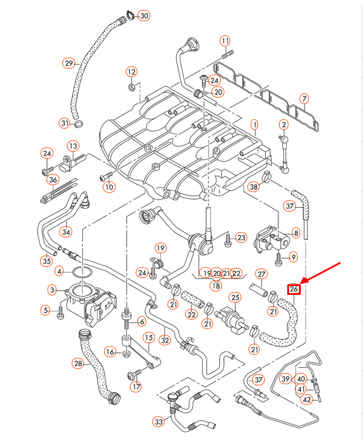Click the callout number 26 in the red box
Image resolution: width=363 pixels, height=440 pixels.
[x=294, y=288]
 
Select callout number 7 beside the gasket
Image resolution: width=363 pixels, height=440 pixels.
[x=304, y=98]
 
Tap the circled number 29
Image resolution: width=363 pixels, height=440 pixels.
[x=69, y=63]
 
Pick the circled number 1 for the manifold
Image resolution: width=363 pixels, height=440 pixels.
[x=254, y=125]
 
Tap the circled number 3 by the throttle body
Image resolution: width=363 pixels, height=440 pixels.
[x=52, y=290]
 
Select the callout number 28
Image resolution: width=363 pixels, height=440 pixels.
[x=78, y=364]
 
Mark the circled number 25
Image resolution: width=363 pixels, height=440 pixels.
[x=235, y=297]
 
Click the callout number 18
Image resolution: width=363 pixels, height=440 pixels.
[x=217, y=286]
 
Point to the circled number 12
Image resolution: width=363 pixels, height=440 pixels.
[x=131, y=72]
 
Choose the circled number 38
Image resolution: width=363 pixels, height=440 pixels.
[x=253, y=187]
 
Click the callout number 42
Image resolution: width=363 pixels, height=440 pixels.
[x=307, y=400]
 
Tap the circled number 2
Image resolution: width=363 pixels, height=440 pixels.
[x=284, y=125]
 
